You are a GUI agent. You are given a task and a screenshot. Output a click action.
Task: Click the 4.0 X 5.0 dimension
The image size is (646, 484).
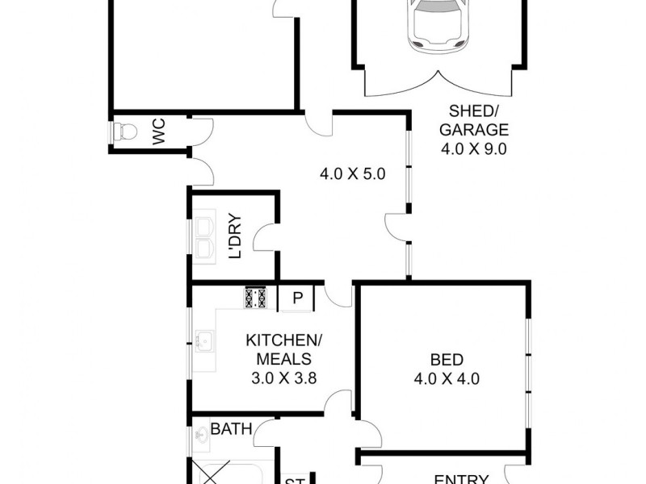353,173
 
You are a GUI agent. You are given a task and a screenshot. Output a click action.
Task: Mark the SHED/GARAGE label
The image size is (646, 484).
473,121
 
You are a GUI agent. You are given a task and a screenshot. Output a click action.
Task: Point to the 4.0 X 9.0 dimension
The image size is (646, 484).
473,148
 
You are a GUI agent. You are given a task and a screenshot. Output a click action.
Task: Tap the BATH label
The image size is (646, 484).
231,428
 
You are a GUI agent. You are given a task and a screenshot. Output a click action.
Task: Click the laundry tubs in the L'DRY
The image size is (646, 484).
203,236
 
